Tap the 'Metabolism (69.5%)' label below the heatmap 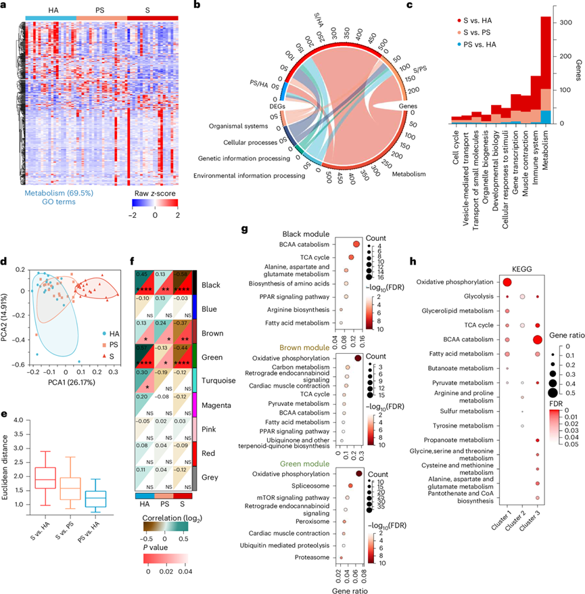click(60, 192)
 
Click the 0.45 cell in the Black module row click(143, 274)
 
